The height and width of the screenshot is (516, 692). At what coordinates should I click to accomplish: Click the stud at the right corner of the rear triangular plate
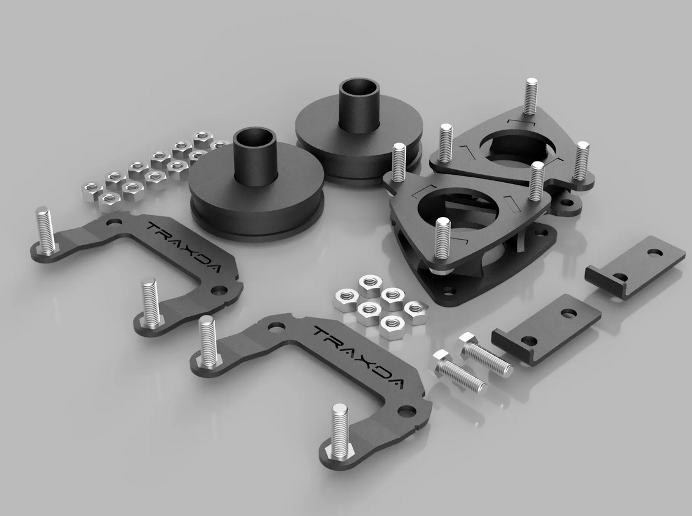coord(581,160)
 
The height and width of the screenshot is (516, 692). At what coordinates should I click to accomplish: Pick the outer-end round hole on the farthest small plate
coord(655,251)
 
